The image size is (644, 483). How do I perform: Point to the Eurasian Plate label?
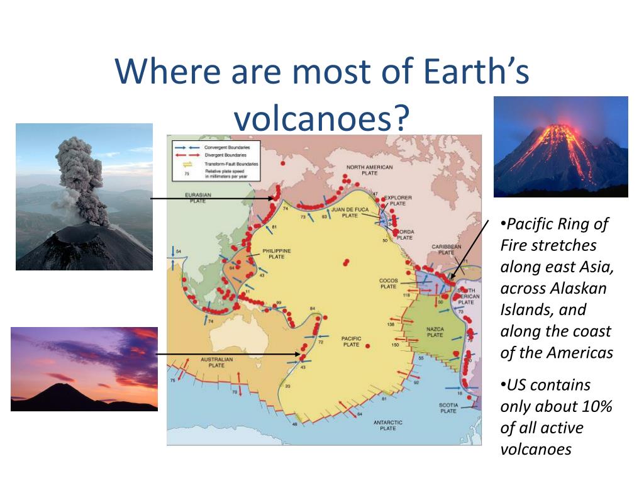(x=199, y=198)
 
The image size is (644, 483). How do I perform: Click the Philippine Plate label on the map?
(x=277, y=253)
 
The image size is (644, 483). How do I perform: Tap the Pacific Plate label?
(x=351, y=341)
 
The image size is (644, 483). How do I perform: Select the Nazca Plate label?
(x=435, y=331)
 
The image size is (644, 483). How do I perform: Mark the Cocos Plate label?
(x=388, y=284)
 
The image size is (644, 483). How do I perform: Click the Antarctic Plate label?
(x=388, y=425)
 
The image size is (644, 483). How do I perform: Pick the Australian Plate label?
(x=216, y=362)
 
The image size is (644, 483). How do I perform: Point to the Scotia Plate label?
(x=448, y=408)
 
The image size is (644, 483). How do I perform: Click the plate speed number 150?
(x=396, y=345)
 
